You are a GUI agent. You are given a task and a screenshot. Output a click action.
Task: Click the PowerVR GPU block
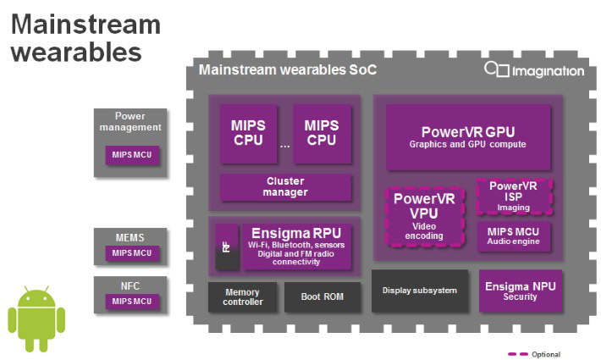point(468,137)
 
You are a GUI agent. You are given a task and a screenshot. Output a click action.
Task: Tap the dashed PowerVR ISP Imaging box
point(513,196)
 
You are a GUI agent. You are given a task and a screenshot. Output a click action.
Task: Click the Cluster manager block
point(285,186)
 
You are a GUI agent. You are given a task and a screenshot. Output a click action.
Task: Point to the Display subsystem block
point(419,291)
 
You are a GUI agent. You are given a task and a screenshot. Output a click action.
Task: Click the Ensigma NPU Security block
point(520,291)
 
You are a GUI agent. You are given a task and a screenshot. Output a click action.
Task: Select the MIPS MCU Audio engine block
point(514,235)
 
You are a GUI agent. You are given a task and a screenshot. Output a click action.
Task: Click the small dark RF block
point(226,248)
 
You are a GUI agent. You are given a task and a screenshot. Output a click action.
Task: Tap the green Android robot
point(36,318)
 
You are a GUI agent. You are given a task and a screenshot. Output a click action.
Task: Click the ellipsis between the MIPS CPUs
point(285,145)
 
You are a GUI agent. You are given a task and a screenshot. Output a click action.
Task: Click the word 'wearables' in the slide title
point(76,52)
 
